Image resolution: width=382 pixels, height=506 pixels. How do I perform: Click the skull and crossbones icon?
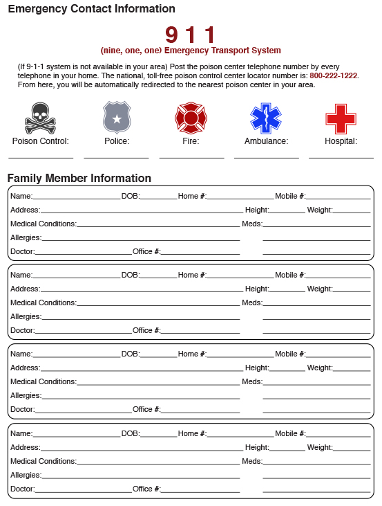(40, 118)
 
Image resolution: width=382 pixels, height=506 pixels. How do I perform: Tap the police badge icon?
(116, 117)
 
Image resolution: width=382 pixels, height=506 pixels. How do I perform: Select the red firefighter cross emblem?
(191, 118)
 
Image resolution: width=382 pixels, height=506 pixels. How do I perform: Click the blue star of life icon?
(266, 118)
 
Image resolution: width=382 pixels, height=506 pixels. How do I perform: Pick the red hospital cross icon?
(341, 118)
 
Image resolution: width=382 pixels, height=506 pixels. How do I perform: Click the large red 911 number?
(191, 35)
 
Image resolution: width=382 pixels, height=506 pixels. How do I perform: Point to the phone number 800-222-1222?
(334, 75)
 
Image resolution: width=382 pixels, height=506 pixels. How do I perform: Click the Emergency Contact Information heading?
(91, 9)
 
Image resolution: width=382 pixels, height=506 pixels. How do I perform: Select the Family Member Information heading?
(79, 178)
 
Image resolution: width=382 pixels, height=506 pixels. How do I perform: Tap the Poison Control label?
(40, 141)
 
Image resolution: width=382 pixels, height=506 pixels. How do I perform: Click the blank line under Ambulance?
(266, 157)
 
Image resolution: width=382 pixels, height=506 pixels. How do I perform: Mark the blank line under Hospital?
(341, 157)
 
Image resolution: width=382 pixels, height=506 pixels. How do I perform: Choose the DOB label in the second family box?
(131, 275)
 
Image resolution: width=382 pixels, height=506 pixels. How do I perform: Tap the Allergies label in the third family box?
(26, 395)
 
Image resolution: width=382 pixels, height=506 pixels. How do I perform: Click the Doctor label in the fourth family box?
(22, 489)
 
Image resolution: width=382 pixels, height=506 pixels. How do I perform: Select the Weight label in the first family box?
(320, 210)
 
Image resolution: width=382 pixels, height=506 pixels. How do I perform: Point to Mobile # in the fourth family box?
(290, 433)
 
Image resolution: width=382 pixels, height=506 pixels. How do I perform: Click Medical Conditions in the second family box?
(43, 302)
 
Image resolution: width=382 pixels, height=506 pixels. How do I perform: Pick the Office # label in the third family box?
(146, 409)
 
